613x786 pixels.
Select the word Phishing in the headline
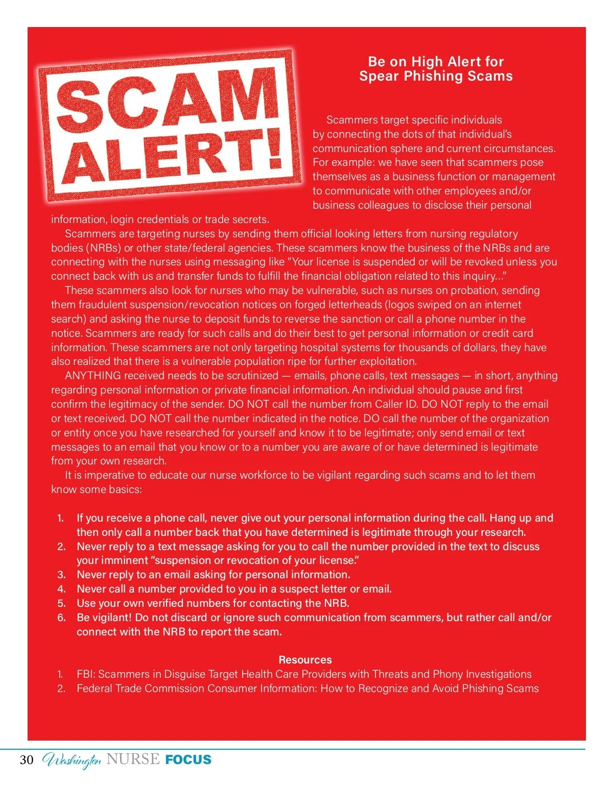(x=436, y=77)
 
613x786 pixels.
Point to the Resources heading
(x=305, y=659)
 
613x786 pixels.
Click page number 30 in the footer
(x=27, y=760)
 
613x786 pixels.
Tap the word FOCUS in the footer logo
(x=188, y=759)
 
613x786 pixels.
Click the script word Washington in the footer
(x=72, y=760)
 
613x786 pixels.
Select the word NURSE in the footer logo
(x=133, y=759)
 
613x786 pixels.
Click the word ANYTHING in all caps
(x=93, y=376)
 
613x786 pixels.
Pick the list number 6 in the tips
(x=61, y=618)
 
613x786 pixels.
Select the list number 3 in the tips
(x=61, y=575)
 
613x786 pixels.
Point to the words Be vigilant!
(x=104, y=618)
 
